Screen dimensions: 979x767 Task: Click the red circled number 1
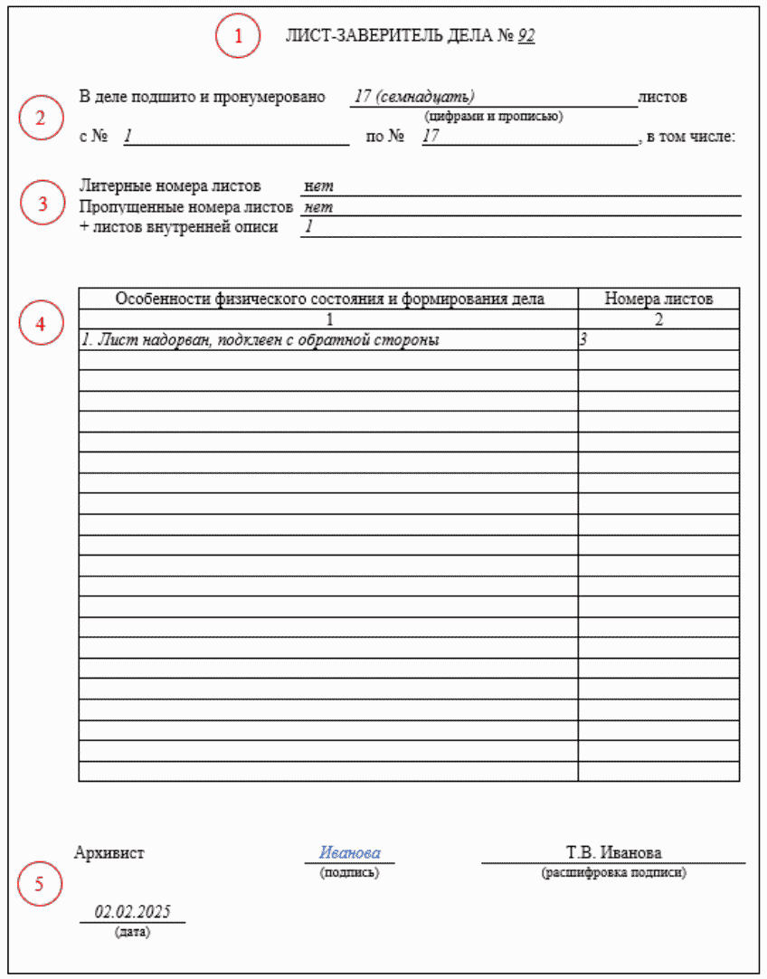coord(238,37)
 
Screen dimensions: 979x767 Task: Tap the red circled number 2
coord(40,118)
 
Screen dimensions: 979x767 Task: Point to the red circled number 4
coord(42,323)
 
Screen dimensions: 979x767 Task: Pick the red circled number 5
coord(39,885)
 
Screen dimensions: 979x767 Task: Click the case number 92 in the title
coord(526,36)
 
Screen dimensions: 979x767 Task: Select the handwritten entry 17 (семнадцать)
coord(414,97)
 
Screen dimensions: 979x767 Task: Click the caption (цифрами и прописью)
coord(493,116)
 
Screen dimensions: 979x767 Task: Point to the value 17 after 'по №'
coord(431,137)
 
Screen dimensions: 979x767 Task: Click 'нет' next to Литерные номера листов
coord(319,186)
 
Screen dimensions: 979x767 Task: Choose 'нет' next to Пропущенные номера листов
coord(319,207)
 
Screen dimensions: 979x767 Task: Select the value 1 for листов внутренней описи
coord(308,227)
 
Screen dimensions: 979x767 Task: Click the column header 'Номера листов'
coord(658,299)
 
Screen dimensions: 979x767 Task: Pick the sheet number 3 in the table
coord(584,340)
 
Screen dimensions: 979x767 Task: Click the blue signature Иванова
coord(349,853)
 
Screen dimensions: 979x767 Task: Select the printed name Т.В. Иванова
coord(613,853)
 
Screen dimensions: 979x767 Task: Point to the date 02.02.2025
coord(133,912)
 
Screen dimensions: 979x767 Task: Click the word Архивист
coord(109,852)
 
